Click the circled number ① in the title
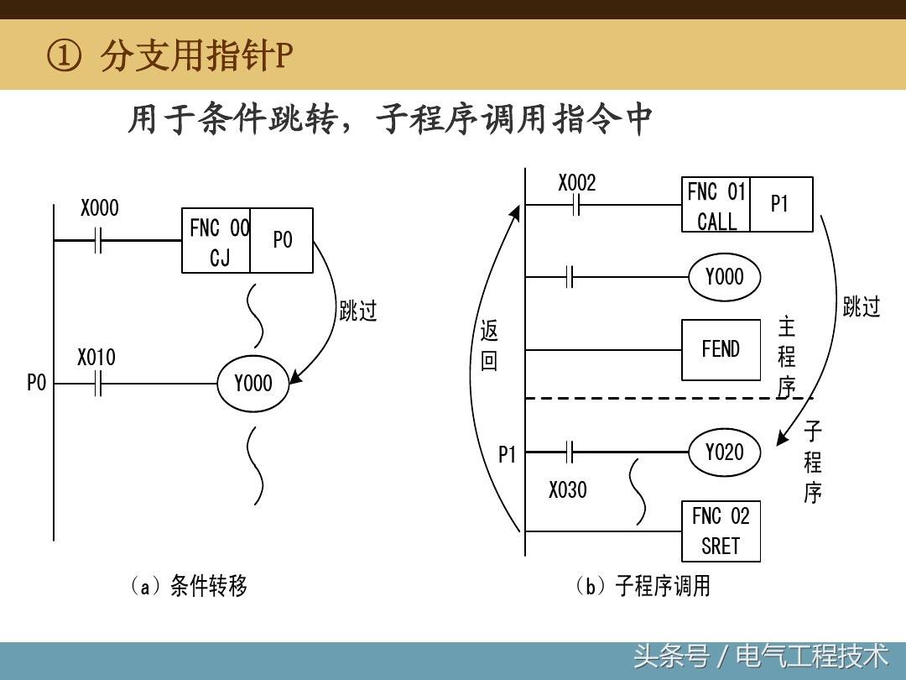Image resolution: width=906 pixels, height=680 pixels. tap(65, 57)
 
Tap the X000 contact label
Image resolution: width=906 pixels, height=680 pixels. tap(100, 208)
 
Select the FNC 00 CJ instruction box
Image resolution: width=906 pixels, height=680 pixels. tap(216, 241)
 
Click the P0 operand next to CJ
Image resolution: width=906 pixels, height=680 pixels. tap(283, 240)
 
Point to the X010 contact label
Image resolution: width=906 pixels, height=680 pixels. tap(96, 358)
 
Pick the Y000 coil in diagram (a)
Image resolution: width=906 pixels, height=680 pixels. tap(253, 384)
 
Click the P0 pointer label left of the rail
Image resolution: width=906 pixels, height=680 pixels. tap(36, 384)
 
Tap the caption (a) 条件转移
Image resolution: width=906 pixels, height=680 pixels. tap(189, 585)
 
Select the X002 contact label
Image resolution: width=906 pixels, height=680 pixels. tap(577, 183)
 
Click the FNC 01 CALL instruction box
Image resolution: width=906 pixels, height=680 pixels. tap(716, 205)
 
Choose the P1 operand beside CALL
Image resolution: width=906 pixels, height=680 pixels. tap(780, 204)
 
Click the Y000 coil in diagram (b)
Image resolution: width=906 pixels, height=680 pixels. tap(724, 276)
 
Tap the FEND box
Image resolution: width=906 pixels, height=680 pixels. tap(721, 349)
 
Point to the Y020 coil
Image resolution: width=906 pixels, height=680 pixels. tap(724, 452)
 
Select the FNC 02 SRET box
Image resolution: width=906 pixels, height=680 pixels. tap(721, 531)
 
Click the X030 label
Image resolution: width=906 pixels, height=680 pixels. tap(568, 489)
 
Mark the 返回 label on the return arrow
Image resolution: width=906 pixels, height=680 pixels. tap(489, 346)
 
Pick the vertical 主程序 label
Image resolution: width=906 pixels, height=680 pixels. tap(786, 357)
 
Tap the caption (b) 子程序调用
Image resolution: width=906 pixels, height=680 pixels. tap(643, 585)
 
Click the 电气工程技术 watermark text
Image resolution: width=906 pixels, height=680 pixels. tap(811, 655)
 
